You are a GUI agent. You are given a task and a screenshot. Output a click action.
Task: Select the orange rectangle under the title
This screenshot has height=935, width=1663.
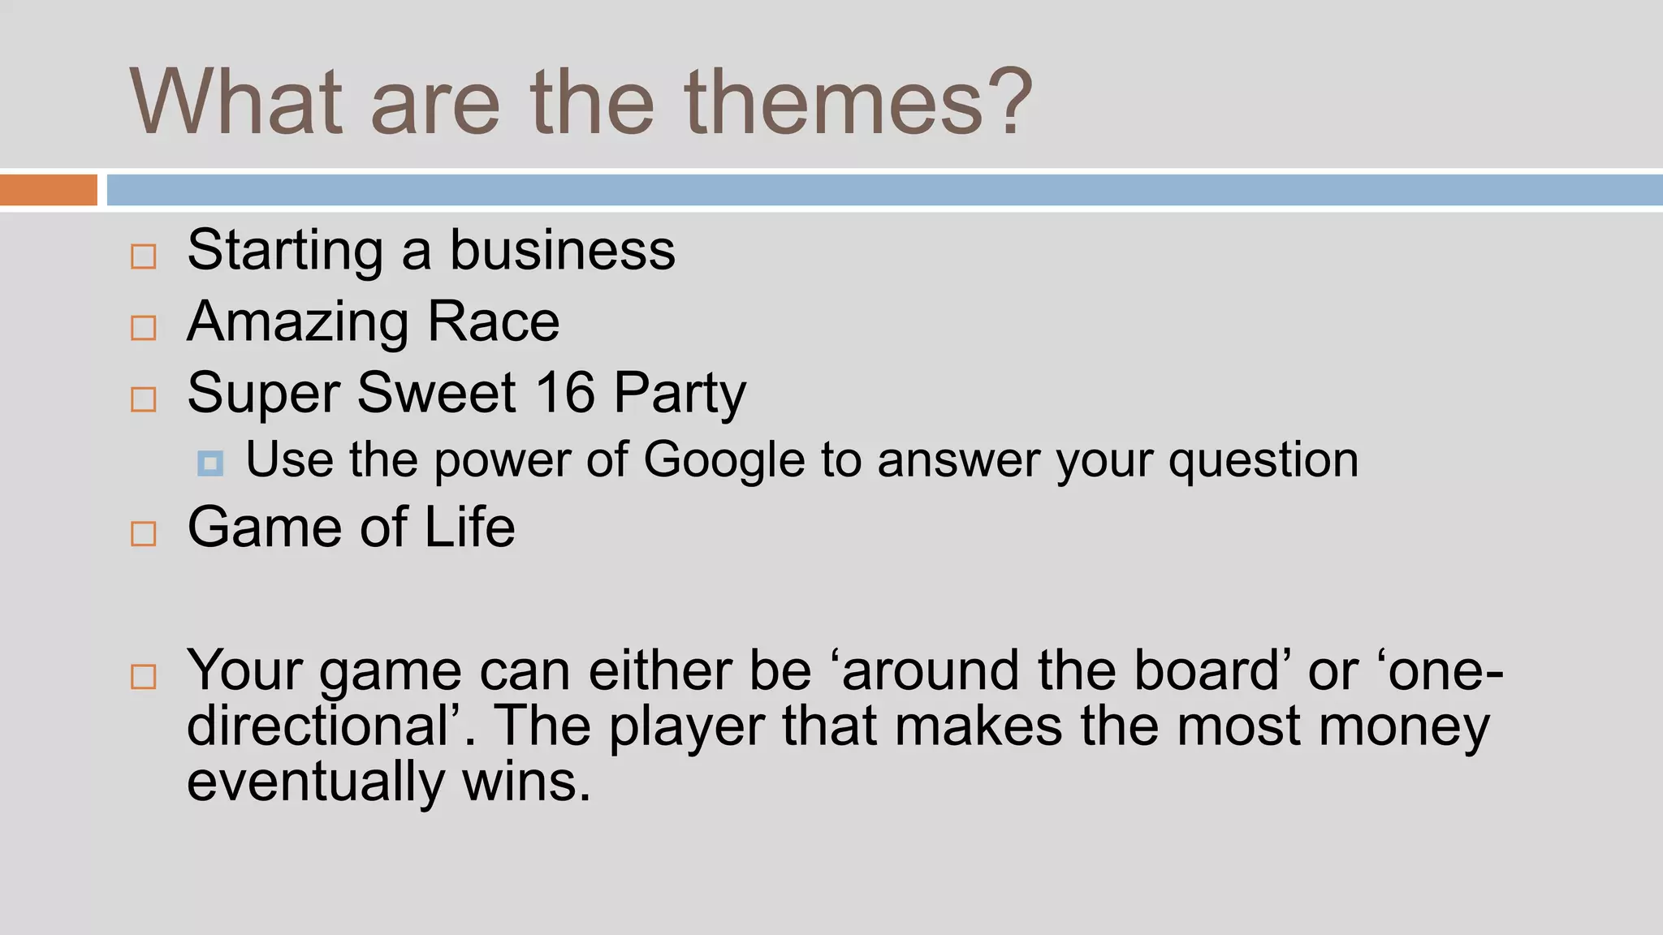click(x=48, y=190)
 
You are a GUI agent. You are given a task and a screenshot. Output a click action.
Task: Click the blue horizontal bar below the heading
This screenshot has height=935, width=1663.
click(x=884, y=190)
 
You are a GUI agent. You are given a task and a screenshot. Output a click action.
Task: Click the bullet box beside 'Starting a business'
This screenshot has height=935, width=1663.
click(x=144, y=256)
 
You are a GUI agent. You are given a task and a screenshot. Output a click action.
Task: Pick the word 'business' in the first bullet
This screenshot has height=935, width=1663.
click(x=562, y=250)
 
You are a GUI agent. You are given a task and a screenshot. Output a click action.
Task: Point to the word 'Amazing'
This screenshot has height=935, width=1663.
click(x=298, y=322)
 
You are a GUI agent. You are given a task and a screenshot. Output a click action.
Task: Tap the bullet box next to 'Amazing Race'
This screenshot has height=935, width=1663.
click(x=144, y=328)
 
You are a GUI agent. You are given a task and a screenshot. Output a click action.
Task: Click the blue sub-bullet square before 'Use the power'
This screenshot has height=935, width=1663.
click(x=210, y=463)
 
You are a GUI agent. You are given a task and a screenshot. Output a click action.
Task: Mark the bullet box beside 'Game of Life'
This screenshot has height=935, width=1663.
click(x=144, y=533)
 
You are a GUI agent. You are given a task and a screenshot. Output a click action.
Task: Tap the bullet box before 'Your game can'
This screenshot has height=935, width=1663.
click(x=144, y=676)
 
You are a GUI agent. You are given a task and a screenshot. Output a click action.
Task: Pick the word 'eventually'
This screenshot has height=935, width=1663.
click(x=316, y=782)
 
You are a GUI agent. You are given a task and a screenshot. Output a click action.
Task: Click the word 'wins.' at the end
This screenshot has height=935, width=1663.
click(x=526, y=782)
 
